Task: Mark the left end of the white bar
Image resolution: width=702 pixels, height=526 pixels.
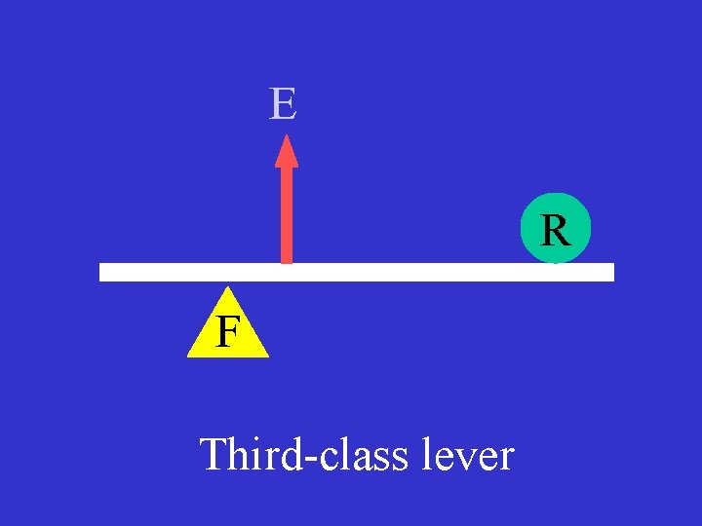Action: (x=102, y=272)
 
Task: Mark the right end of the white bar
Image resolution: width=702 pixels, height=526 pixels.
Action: (x=611, y=272)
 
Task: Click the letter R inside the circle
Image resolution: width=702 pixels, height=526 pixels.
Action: (x=555, y=231)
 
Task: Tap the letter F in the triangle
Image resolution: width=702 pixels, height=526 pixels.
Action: (x=227, y=332)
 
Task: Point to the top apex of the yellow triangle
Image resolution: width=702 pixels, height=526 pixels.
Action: (x=227, y=287)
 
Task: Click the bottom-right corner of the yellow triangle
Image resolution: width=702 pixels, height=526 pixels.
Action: (x=267, y=357)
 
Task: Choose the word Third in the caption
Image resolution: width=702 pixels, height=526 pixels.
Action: (x=245, y=455)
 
